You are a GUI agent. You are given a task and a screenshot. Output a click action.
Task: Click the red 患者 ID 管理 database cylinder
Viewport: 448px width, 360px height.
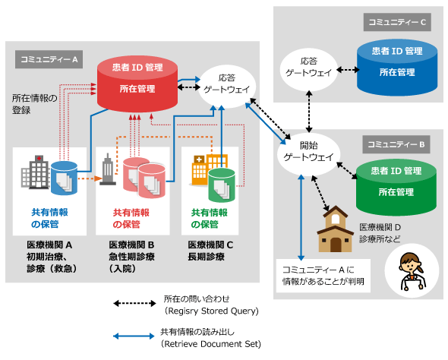point(137,84)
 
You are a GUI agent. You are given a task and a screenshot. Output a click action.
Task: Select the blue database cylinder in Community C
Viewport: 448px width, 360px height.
point(397,67)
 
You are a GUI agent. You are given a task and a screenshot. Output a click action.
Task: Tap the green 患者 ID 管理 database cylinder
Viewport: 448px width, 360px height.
point(396,187)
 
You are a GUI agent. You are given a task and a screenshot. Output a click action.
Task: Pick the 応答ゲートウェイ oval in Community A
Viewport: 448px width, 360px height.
point(227,87)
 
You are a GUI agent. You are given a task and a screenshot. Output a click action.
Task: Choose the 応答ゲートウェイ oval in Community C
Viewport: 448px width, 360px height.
point(309,69)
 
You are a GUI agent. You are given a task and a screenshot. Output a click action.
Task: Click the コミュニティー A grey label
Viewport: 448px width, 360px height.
point(49,59)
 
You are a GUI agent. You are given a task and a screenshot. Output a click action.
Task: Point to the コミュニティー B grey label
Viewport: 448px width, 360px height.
point(396,144)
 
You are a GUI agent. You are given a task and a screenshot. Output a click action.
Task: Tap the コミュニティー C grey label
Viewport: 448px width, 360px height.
point(397,22)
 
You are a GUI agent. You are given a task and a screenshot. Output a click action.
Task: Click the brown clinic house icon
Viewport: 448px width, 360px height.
point(335,229)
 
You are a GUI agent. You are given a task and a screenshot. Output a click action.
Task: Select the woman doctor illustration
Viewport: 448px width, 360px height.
point(412,271)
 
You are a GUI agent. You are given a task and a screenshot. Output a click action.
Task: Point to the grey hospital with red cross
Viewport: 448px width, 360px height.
point(36,172)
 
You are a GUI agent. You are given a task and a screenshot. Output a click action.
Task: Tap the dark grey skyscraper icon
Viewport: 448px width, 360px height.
point(107,169)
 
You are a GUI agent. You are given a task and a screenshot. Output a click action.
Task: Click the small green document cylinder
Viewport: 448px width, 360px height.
point(222,185)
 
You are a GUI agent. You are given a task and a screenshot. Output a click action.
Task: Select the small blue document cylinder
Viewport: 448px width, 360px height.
point(64,178)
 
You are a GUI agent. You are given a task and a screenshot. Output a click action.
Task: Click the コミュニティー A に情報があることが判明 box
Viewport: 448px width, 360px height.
point(323,276)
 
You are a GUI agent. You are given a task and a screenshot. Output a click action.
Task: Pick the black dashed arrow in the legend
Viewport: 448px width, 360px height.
point(134,303)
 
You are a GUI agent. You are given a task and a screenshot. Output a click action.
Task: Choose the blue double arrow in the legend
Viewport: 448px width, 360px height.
point(134,336)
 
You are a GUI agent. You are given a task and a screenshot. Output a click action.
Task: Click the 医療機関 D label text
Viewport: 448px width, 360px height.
point(380,227)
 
